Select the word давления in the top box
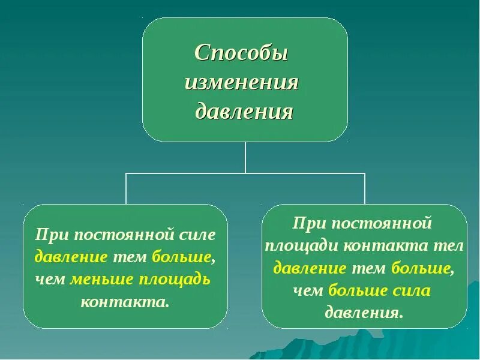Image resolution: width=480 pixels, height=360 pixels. (245, 111)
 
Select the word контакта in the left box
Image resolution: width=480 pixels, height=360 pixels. (125, 301)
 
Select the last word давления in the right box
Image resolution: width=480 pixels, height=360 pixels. (363, 313)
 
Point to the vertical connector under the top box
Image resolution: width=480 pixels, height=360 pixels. (245, 157)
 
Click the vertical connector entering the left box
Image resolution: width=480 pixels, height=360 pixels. (125, 189)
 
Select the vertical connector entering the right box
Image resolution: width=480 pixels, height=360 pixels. (364, 189)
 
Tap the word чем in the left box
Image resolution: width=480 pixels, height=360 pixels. (50, 279)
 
